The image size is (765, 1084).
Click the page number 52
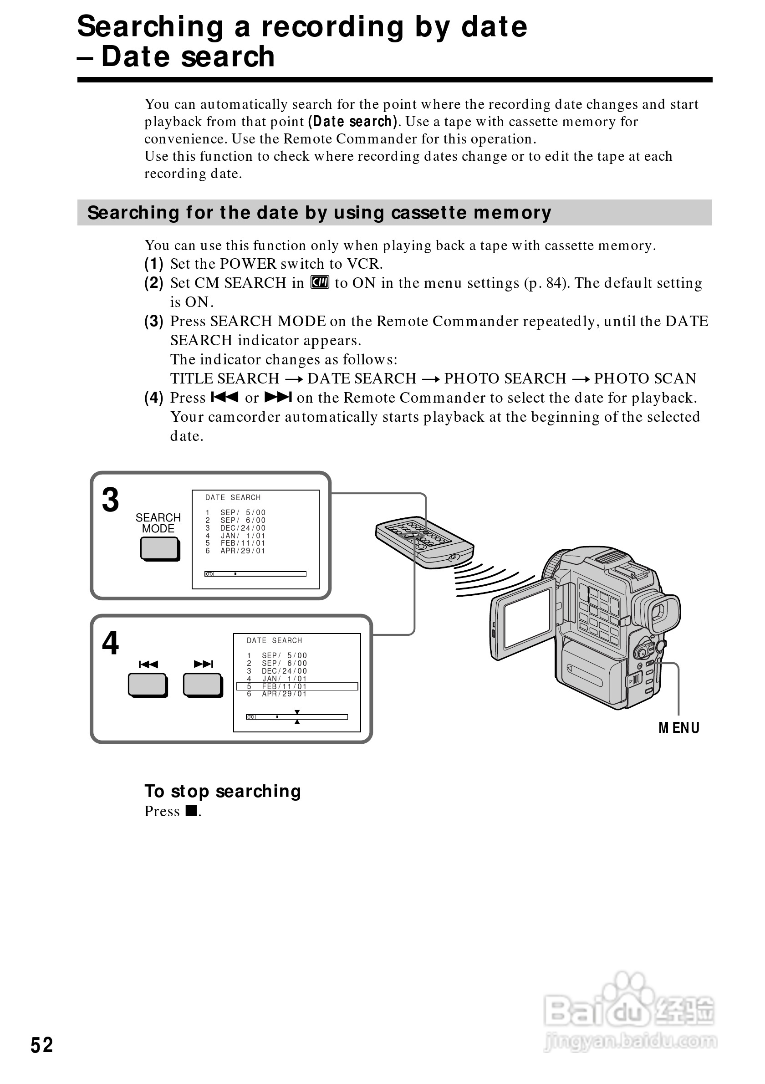[41, 1045]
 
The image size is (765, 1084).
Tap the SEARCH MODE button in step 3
[159, 549]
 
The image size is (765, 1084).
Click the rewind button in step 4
[147, 685]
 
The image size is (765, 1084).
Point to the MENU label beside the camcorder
[678, 728]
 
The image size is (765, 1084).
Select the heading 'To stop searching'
[222, 791]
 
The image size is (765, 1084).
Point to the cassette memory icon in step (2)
[320, 282]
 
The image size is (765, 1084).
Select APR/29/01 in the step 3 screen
[243, 551]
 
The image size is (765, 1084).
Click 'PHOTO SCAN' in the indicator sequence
[645, 378]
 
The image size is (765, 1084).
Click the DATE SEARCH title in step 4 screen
[274, 641]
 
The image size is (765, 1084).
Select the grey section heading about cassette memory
[319, 212]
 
